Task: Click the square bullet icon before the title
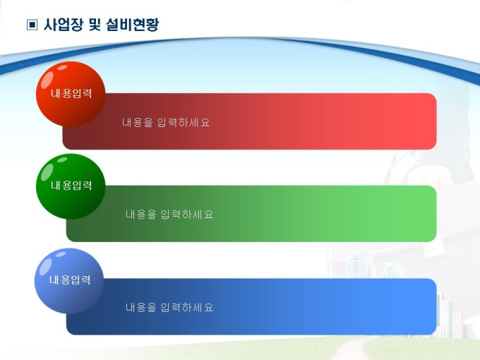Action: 32,25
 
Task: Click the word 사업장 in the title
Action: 64,25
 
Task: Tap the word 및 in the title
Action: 95,25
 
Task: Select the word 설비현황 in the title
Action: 133,25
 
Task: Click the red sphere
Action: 71,94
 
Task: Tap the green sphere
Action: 71,186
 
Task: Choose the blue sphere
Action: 69,281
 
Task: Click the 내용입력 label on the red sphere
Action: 71,93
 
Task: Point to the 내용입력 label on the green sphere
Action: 71,185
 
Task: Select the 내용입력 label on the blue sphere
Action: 70,280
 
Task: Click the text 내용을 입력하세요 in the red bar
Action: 166,122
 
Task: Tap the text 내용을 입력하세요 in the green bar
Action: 169,215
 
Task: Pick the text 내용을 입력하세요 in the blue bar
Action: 169,307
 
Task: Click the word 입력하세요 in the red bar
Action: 184,122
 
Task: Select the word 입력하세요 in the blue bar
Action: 187,307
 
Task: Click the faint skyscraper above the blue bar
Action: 359,263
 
